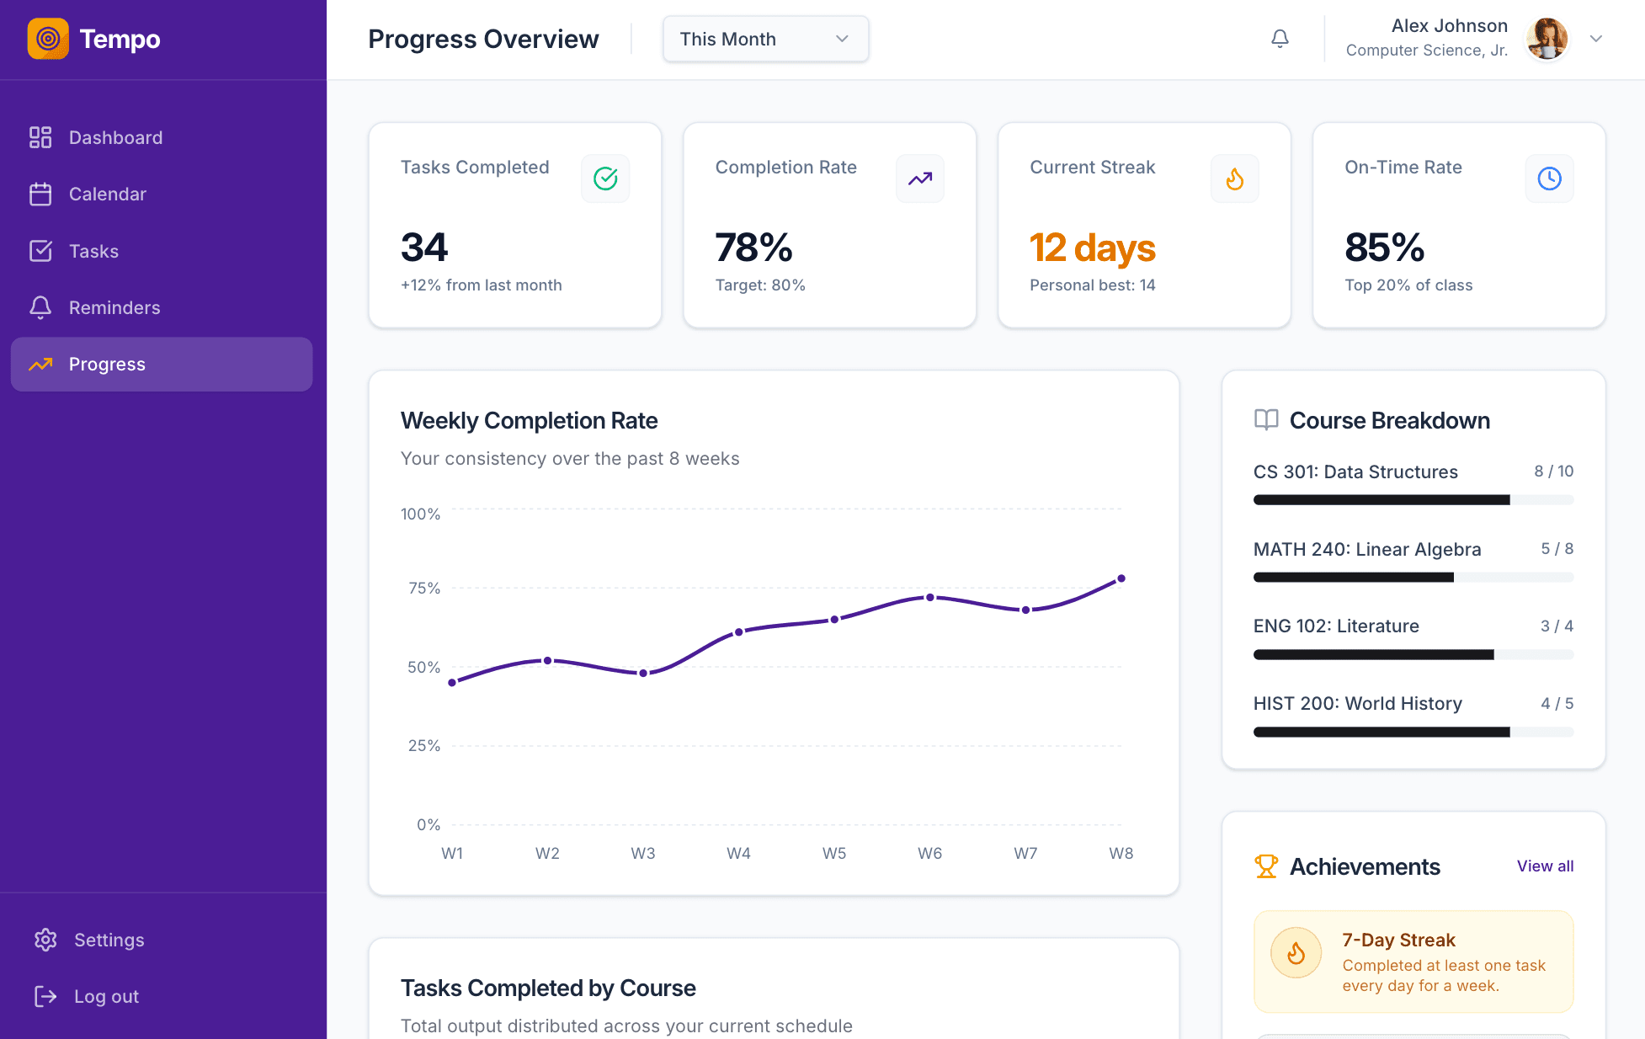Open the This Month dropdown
pyautogui.click(x=765, y=39)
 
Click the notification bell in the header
pyautogui.click(x=1280, y=39)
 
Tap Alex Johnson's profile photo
pyautogui.click(x=1547, y=39)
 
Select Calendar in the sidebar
pyautogui.click(x=107, y=194)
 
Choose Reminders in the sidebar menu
pyautogui.click(x=114, y=308)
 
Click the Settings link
pyautogui.click(x=109, y=940)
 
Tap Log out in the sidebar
pyautogui.click(x=106, y=996)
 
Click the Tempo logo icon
pyautogui.click(x=48, y=39)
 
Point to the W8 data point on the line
pyautogui.click(x=1121, y=578)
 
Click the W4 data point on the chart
pyautogui.click(x=738, y=631)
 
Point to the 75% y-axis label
pyautogui.click(x=424, y=588)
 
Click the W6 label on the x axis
pyautogui.click(x=929, y=853)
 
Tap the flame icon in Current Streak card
pyautogui.click(x=1234, y=178)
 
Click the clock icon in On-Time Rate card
pyautogui.click(x=1549, y=178)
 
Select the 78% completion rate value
pyautogui.click(x=753, y=248)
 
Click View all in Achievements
pyautogui.click(x=1545, y=866)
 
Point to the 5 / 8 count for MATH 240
pyautogui.click(x=1557, y=549)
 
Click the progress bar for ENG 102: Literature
pyautogui.click(x=1413, y=654)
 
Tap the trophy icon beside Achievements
pyautogui.click(x=1266, y=866)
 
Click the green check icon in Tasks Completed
pyautogui.click(x=605, y=178)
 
